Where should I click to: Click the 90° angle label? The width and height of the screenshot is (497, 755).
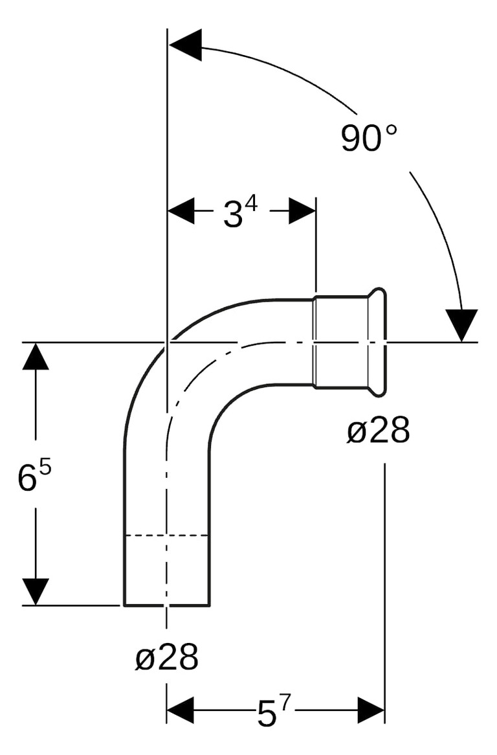click(x=369, y=137)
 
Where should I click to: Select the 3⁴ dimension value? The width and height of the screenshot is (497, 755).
click(x=240, y=213)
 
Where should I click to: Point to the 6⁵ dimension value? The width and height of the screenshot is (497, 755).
click(x=34, y=477)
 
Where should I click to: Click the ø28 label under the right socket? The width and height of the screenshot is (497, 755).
click(x=378, y=431)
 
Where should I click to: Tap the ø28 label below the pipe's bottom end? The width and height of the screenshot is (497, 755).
click(x=166, y=658)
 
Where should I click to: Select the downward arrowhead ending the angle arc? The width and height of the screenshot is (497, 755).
click(x=461, y=324)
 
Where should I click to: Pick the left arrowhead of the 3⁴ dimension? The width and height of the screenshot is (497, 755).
click(x=181, y=211)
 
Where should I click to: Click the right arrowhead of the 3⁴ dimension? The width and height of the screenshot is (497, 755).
click(x=302, y=211)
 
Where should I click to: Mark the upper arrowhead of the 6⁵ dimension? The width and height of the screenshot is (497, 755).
click(x=36, y=356)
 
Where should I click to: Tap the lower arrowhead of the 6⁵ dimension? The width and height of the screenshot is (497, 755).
click(x=36, y=591)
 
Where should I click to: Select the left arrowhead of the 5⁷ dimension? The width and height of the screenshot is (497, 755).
click(x=181, y=710)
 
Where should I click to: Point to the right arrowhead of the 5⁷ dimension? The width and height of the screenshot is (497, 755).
click(x=371, y=710)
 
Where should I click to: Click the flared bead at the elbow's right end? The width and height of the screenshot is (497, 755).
click(x=378, y=341)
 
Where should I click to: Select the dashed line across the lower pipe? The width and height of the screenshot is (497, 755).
click(x=166, y=535)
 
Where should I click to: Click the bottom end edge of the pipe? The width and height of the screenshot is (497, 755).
click(x=166, y=605)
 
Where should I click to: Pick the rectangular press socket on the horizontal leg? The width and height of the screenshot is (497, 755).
click(x=340, y=341)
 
